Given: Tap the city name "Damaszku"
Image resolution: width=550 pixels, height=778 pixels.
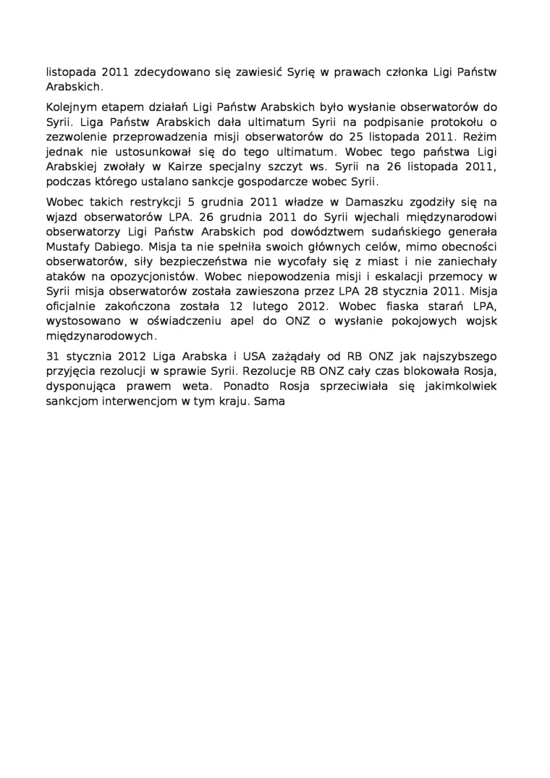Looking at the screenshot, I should tap(355, 202).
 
